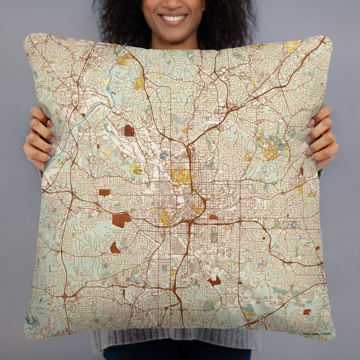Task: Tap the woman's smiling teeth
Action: click(174, 19)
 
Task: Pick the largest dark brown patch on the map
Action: click(121, 220)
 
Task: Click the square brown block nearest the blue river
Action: click(129, 131)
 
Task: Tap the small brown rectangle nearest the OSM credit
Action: click(307, 312)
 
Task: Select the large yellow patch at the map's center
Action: click(181, 177)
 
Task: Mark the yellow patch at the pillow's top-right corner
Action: click(291, 46)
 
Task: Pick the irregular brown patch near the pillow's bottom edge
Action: click(214, 281)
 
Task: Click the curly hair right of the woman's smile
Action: click(226, 21)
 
